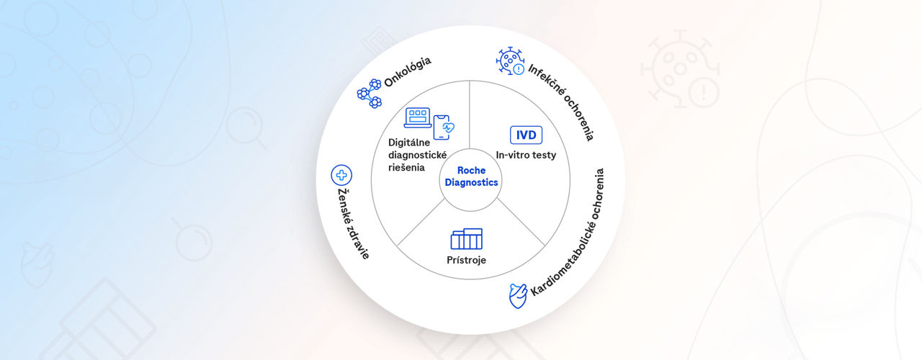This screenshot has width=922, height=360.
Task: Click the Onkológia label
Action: (x=408, y=72)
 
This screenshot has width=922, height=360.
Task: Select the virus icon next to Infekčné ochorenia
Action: (x=511, y=61)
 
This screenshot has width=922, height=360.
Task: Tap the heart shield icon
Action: (x=517, y=295)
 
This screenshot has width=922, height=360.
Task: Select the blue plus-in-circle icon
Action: (x=341, y=175)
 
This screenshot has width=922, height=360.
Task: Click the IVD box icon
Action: (x=526, y=135)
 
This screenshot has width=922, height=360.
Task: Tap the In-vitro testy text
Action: (x=526, y=154)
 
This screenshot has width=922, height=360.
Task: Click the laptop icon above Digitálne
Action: (x=417, y=117)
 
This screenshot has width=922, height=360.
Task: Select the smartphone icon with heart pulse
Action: (x=444, y=127)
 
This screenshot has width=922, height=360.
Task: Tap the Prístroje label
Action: (x=466, y=259)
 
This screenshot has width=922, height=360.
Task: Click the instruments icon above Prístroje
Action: (x=466, y=238)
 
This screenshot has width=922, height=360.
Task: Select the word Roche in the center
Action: (x=471, y=170)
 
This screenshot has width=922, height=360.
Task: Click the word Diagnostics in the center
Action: (x=471, y=182)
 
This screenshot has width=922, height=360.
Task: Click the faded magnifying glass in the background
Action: (x=246, y=127)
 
